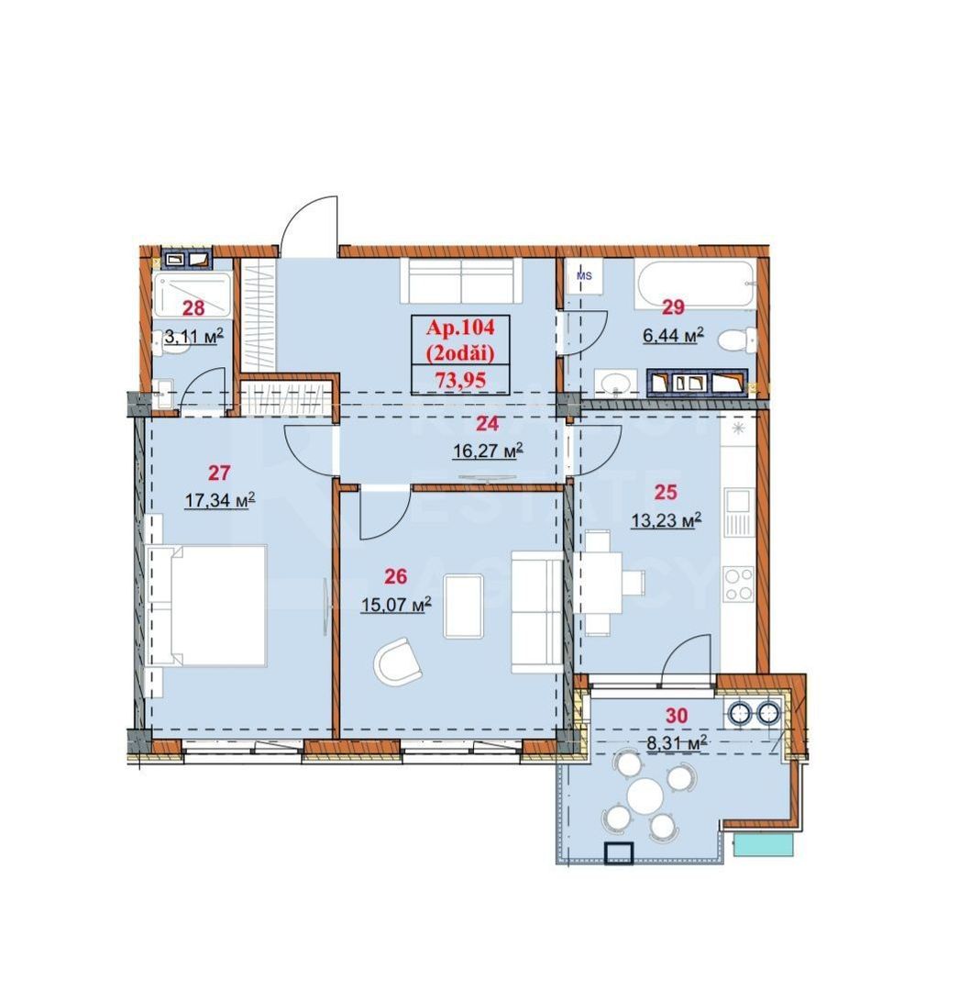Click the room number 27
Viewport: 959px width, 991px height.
[x=219, y=473]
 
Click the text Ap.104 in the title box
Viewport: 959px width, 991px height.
[x=460, y=327]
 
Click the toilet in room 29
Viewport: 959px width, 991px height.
[x=737, y=342]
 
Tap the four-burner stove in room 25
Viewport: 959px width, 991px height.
[x=738, y=585]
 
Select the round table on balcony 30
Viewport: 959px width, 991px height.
[x=648, y=794]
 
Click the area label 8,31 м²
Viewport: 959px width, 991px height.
[x=676, y=744]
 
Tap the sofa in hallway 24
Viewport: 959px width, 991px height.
[x=461, y=280]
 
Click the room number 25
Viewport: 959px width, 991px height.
[x=665, y=490]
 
